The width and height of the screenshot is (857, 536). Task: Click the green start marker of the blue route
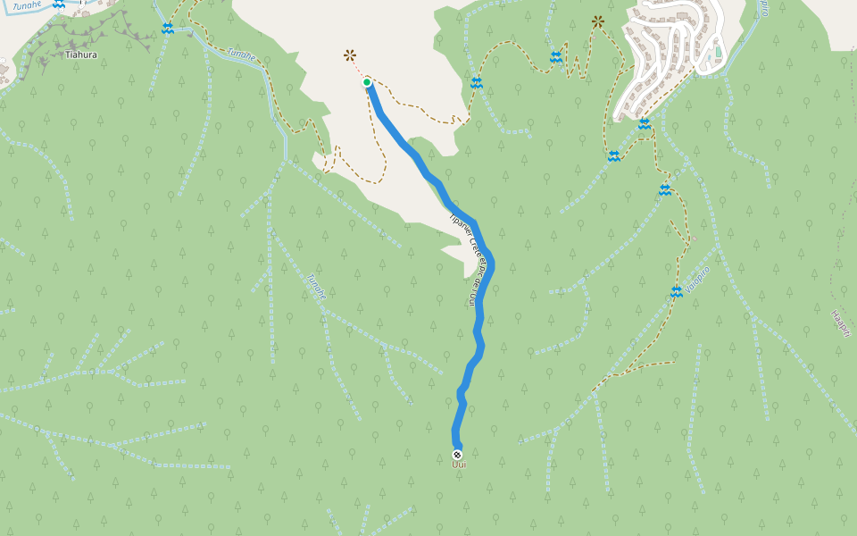[367, 83]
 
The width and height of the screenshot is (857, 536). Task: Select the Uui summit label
[460, 463]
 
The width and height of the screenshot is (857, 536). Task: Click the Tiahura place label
[81, 54]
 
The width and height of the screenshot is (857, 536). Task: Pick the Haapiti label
[840, 323]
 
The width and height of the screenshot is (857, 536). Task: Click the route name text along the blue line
[470, 260]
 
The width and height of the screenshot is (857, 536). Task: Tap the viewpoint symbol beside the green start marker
[350, 55]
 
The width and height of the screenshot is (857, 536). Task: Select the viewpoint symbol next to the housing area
[597, 21]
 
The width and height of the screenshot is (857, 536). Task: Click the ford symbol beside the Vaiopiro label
[677, 292]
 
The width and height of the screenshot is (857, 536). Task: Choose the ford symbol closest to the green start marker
[477, 83]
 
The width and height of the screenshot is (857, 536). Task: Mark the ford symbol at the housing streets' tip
[644, 123]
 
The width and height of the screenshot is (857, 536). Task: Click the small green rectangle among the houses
[718, 51]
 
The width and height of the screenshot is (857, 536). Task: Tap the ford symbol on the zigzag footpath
[556, 57]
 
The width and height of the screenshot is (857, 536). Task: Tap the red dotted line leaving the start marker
[359, 70]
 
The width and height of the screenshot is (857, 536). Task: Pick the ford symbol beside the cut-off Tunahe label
[59, 4]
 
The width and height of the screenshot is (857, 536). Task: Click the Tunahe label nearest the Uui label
[316, 285]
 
